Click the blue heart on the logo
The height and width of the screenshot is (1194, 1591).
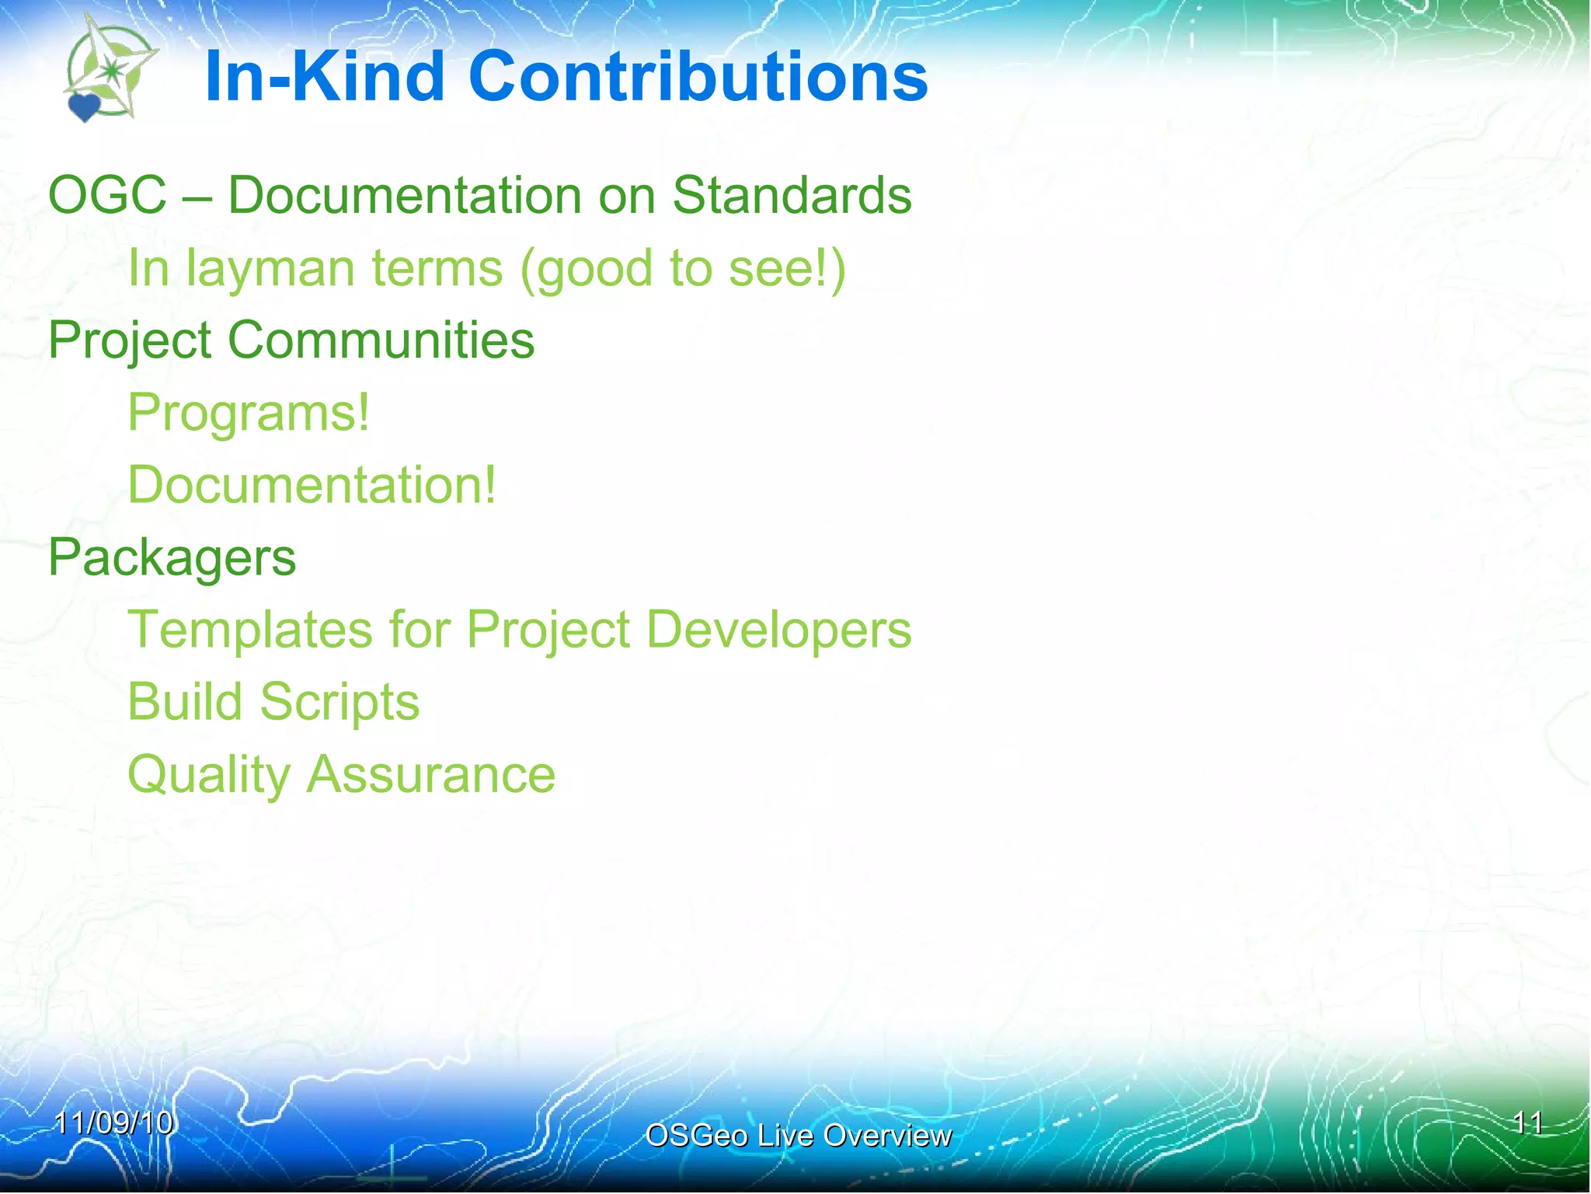pos(84,107)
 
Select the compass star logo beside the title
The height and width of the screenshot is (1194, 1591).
pos(113,70)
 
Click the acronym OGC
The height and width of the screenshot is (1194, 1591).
pos(107,194)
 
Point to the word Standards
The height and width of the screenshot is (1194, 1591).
pos(792,194)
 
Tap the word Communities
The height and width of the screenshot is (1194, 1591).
pos(381,340)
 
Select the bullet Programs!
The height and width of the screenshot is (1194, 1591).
pos(249,412)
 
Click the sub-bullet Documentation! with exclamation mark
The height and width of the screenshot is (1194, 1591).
pos(312,484)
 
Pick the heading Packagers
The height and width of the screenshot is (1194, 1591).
pos(172,557)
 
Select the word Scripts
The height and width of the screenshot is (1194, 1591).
pos(339,702)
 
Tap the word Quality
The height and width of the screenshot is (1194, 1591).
pos(208,775)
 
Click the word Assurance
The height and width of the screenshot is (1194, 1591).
pos(431,775)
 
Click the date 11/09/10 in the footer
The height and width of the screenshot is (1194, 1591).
pos(113,1122)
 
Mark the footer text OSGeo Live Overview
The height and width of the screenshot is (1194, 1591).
pos(798,1136)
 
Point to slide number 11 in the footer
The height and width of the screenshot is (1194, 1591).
pos(1527,1122)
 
